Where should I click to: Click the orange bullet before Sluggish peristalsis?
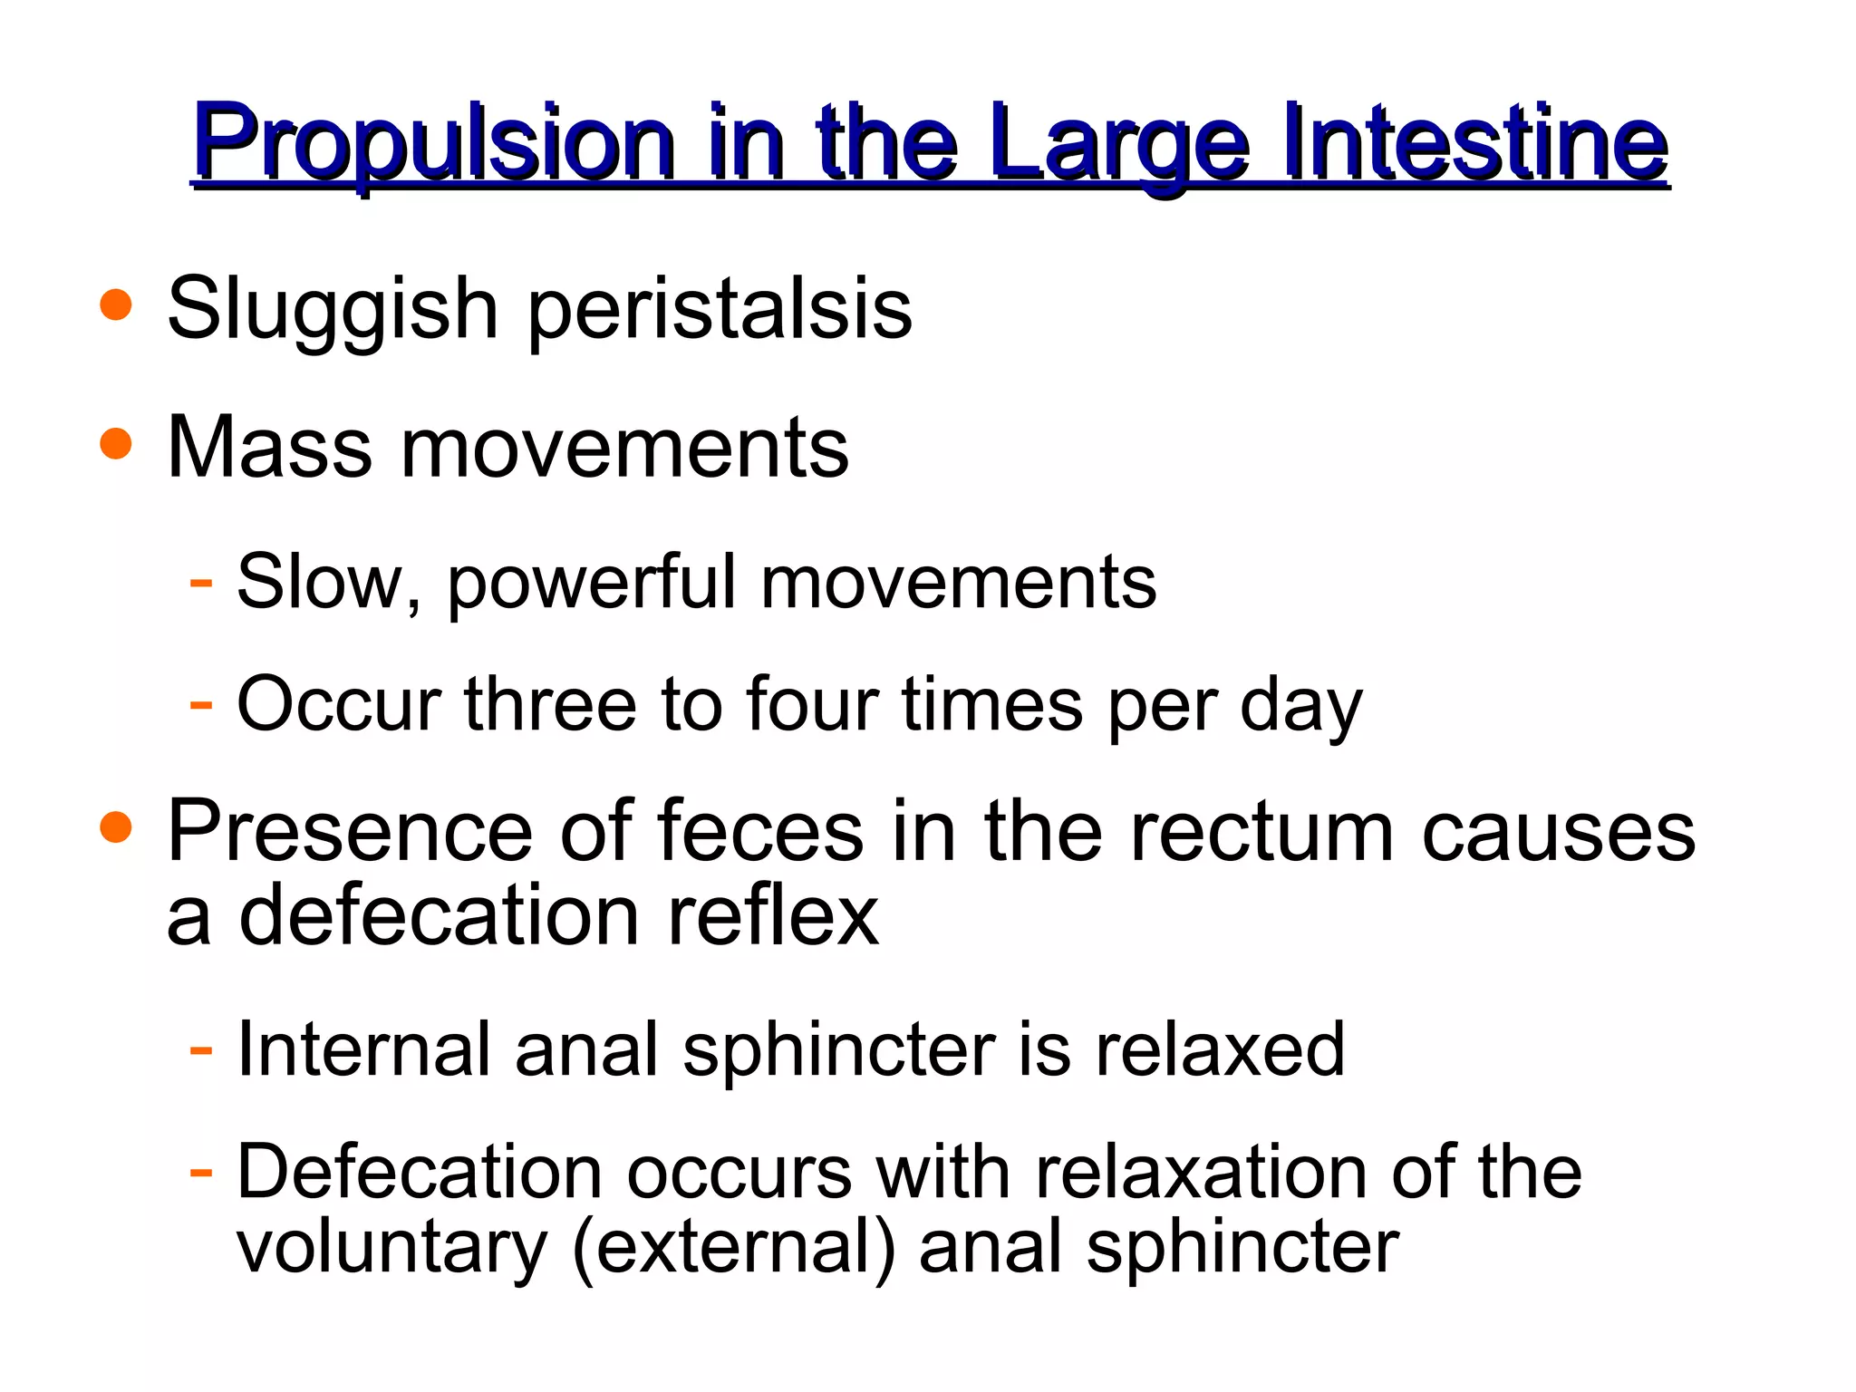[116, 305]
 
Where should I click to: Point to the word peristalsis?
[720, 311]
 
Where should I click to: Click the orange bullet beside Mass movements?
[116, 445]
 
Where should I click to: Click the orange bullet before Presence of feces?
[116, 827]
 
